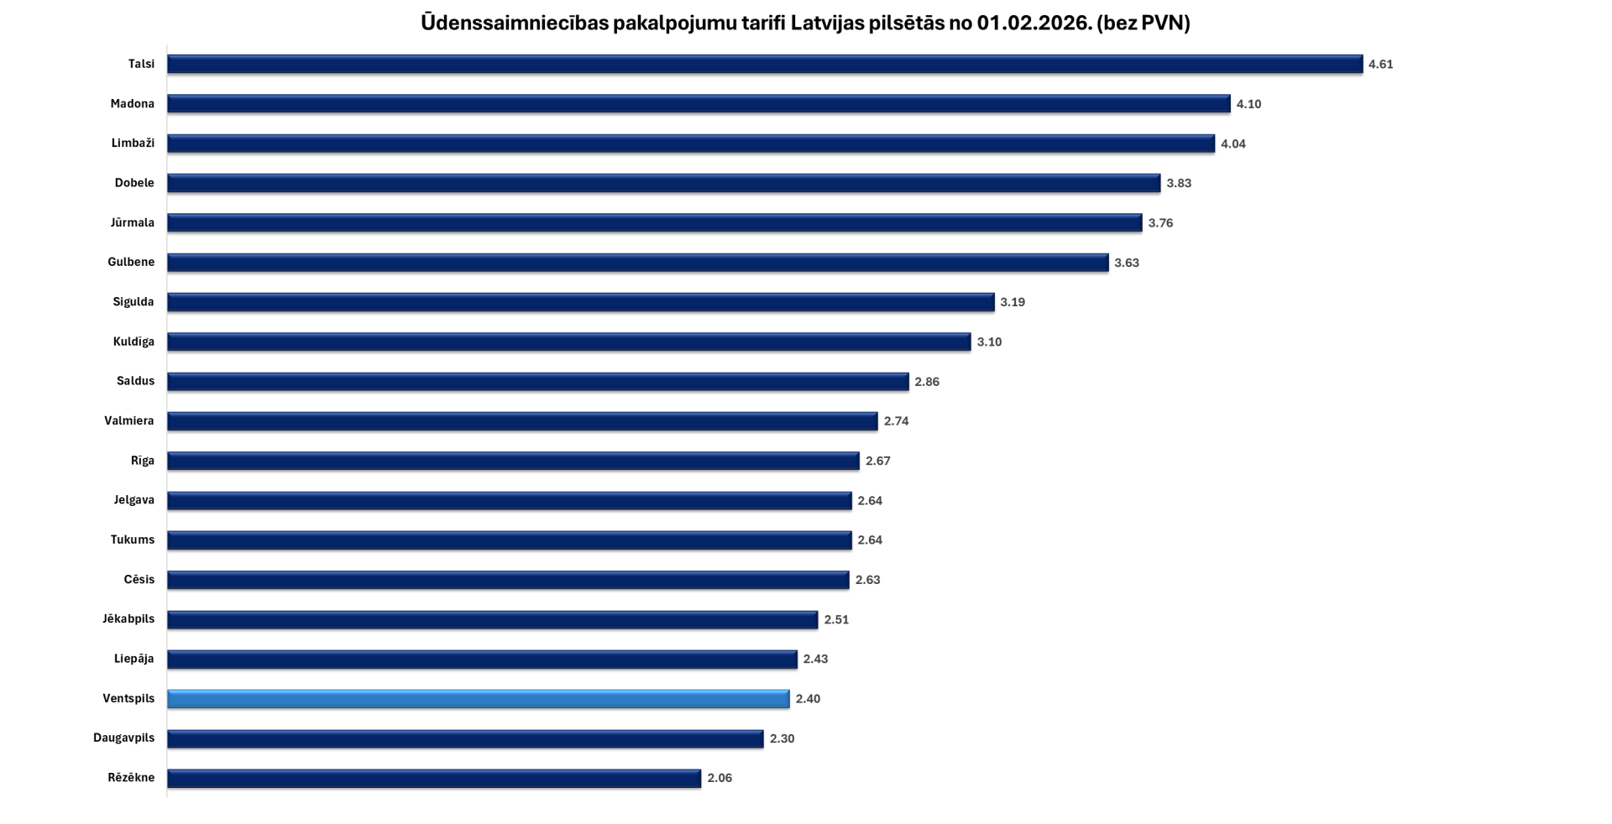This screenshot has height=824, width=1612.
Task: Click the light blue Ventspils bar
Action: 478,699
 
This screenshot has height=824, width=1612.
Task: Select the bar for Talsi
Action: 764,65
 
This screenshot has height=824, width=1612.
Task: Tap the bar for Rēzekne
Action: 433,779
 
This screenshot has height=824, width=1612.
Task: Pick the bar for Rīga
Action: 513,461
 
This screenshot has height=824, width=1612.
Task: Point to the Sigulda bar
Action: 580,302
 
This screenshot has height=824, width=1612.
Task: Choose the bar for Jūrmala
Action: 654,223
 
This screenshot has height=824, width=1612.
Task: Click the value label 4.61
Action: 1380,65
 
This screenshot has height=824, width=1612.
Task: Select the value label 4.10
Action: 1248,104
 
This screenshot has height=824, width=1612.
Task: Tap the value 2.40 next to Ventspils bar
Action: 808,699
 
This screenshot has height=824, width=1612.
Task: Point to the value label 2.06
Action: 720,779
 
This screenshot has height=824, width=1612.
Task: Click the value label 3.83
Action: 1179,184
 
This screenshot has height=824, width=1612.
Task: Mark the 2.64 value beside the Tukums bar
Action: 870,540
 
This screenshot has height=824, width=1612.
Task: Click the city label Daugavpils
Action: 124,738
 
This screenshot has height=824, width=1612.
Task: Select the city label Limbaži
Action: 133,143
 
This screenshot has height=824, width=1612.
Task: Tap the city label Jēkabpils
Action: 128,619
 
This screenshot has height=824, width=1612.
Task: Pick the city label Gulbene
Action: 131,263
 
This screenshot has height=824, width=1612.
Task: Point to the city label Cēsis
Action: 139,580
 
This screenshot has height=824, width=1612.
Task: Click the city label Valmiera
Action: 129,421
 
